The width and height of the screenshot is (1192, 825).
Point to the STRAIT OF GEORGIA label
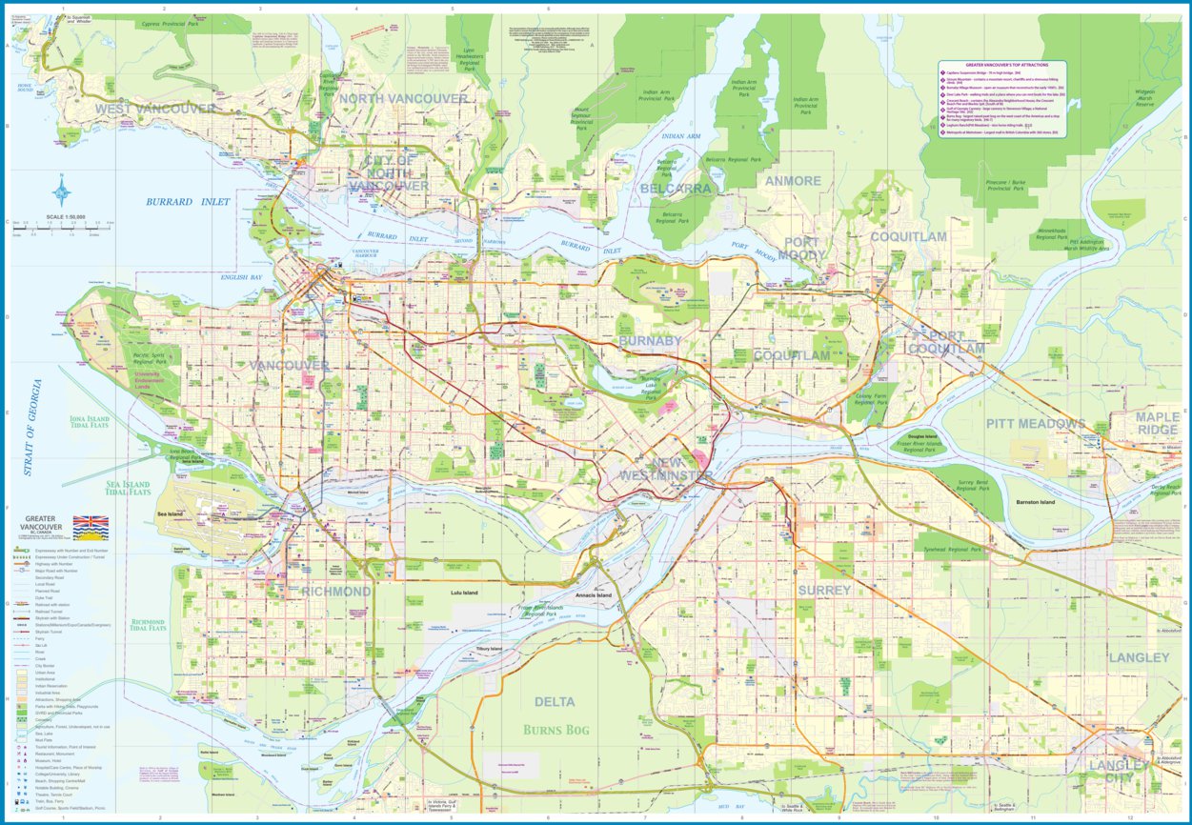coord(35,428)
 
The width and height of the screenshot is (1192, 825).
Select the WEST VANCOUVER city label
coord(155,109)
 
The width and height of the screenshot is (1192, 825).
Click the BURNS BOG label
coord(556,731)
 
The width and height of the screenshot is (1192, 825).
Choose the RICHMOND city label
coord(335,592)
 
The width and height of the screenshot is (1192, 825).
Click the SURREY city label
coord(824,591)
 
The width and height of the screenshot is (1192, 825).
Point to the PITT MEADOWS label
coord(1035,423)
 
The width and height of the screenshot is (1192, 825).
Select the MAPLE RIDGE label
coord(1156,424)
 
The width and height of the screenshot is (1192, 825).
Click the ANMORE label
coord(792,181)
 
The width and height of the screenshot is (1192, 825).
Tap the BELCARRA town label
coord(676,189)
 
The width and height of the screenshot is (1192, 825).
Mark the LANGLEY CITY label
coord(1120,771)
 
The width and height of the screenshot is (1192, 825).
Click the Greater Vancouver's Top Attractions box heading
coord(1002,65)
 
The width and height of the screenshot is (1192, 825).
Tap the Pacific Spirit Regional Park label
coord(148,359)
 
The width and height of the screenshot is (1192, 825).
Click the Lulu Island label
coord(464,593)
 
